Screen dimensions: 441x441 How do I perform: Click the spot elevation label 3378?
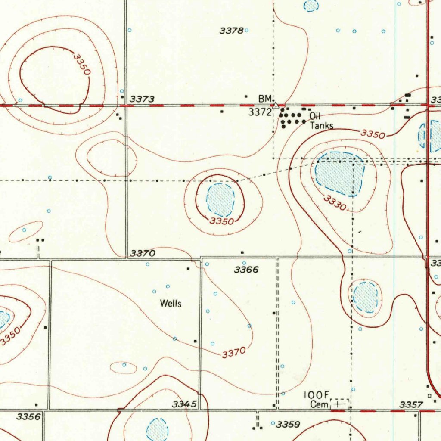[x=232, y=31]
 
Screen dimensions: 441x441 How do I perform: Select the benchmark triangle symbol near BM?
[x=276, y=105]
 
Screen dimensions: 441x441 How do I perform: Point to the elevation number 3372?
[x=260, y=112]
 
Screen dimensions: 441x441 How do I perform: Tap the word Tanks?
[x=321, y=126]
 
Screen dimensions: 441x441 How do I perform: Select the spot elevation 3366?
[x=246, y=270]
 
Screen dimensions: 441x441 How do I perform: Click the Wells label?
[x=171, y=304]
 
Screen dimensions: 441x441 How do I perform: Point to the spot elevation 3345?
[x=184, y=404]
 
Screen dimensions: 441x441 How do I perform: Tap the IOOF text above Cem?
[x=317, y=395]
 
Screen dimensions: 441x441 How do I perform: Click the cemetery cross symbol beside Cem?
[x=339, y=404]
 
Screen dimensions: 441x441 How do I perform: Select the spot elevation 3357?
[x=411, y=404]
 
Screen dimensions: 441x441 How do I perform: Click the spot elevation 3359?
[x=288, y=425]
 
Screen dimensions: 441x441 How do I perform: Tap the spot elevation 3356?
[x=28, y=416]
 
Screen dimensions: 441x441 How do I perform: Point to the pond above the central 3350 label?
[x=220, y=200]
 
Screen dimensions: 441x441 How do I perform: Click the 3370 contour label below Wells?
[x=234, y=353]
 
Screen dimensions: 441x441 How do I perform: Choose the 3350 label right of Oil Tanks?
[x=373, y=134]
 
